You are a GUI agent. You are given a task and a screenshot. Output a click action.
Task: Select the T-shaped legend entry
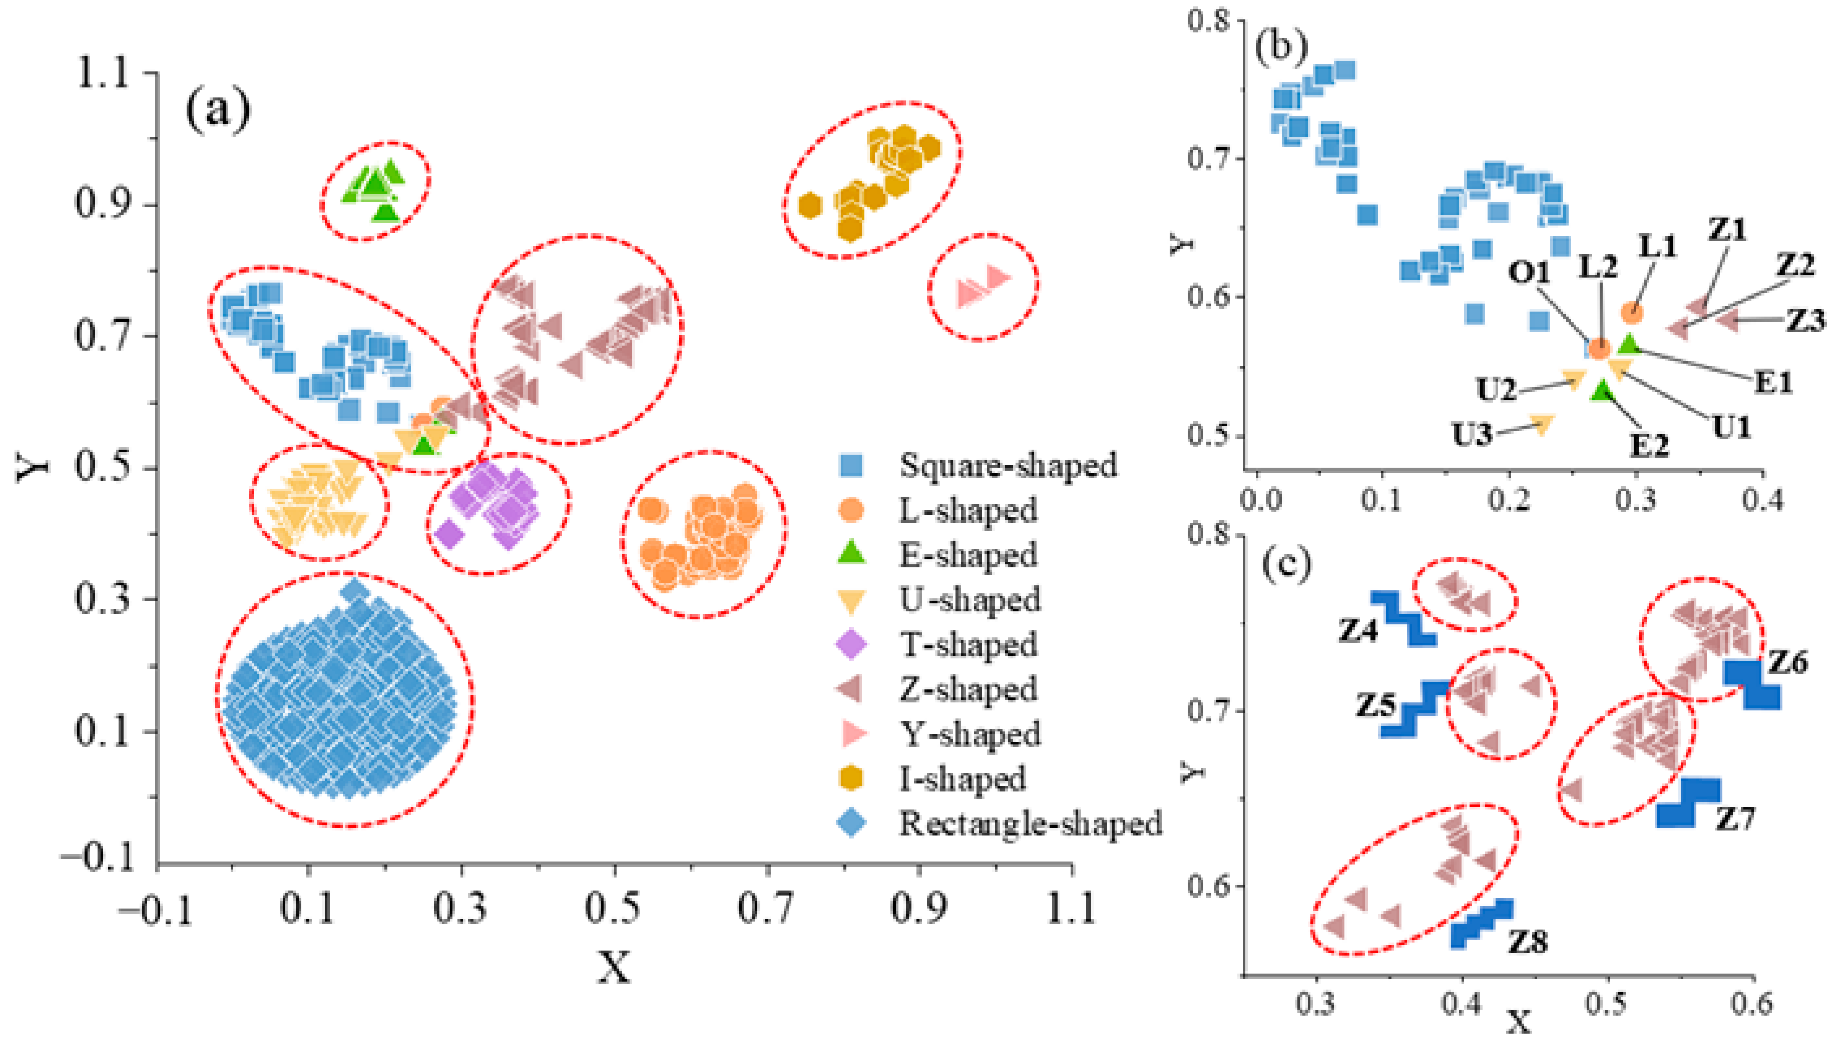click(x=967, y=644)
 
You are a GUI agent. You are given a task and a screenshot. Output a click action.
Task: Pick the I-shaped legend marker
click(x=852, y=778)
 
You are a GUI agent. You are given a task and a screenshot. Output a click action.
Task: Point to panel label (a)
click(x=218, y=109)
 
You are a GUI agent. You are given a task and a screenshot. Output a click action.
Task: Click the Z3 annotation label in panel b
click(x=1806, y=320)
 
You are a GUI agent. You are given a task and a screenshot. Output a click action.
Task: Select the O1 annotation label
click(x=1528, y=272)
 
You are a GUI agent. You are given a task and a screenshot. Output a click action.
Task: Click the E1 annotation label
click(x=1773, y=382)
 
